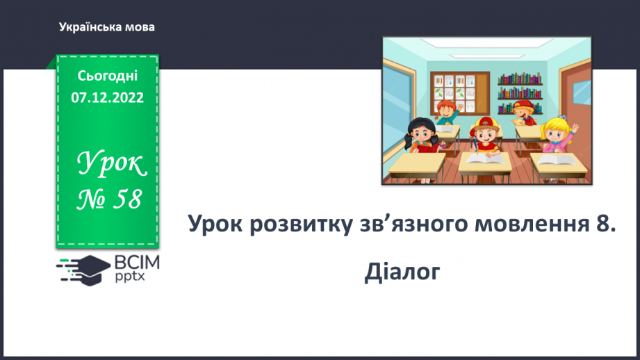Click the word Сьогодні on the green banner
[107, 77]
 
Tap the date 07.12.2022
[107, 98]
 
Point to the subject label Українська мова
[107, 27]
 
